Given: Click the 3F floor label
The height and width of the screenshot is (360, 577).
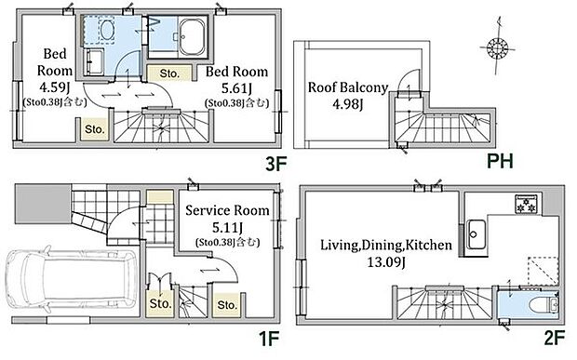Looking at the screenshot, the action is [276, 164].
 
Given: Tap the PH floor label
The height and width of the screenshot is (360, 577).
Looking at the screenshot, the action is [500, 161].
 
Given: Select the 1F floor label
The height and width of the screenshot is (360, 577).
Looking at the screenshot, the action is [269, 339].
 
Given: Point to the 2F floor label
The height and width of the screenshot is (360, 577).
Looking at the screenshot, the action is [554, 338].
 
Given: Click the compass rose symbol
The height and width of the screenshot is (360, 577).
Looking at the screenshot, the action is [497, 47].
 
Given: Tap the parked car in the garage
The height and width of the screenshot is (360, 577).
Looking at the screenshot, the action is [72, 281].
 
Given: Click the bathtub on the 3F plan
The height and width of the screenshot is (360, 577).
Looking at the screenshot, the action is [192, 36].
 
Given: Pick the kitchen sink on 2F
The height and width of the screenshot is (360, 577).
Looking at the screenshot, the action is [476, 234].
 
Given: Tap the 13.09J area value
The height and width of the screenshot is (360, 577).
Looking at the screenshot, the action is [386, 262].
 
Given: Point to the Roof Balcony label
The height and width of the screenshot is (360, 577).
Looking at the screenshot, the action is [348, 87].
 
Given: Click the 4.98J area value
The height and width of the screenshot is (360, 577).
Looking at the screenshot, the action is [348, 104].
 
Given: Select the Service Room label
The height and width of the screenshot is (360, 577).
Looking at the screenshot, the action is [227, 210].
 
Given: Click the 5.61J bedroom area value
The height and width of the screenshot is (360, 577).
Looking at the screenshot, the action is [236, 88].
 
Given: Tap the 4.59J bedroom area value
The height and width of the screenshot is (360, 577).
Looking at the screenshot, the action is [55, 87].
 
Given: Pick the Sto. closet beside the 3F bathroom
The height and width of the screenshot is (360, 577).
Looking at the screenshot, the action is [169, 73].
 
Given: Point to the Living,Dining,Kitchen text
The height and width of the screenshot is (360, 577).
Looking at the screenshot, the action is [386, 245].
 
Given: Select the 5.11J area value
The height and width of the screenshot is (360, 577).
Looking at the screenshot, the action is [227, 228].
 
